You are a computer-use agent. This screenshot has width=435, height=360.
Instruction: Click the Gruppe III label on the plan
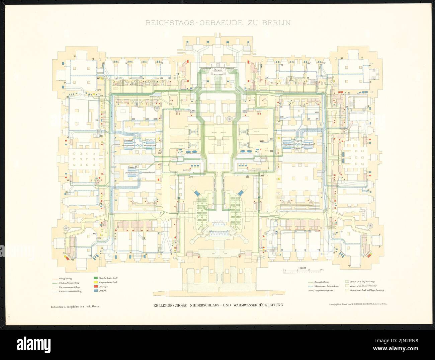coord(133,166)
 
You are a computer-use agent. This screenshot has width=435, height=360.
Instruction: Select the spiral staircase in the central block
coord(231,119)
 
